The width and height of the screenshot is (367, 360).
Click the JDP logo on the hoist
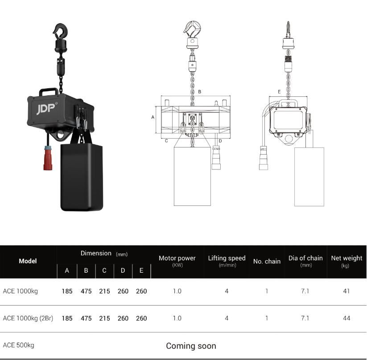click(46, 109)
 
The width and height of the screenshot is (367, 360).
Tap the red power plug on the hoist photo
click(48, 158)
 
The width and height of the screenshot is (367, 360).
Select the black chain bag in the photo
click(82, 177)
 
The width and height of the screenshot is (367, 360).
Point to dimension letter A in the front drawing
click(153, 117)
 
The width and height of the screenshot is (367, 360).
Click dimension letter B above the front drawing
click(200, 92)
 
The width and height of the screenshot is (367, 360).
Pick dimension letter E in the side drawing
click(279, 92)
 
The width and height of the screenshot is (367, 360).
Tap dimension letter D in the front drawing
click(220, 141)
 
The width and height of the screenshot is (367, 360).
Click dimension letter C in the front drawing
click(166, 141)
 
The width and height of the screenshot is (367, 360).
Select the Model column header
click(28, 261)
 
